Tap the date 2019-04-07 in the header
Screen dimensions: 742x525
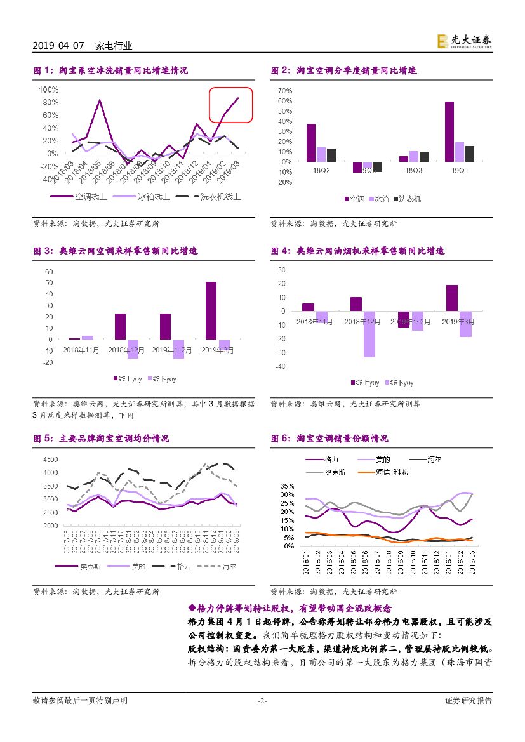click(x=60, y=46)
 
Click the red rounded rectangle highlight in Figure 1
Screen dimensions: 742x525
click(x=231, y=105)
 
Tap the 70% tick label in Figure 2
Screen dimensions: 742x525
click(x=284, y=91)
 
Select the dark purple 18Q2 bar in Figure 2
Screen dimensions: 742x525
click(x=310, y=143)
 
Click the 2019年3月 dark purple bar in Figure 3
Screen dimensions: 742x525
click(x=211, y=310)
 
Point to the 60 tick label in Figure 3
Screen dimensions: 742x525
click(x=49, y=272)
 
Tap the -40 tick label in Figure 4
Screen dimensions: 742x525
click(x=281, y=366)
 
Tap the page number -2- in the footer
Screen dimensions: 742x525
click(x=262, y=701)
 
